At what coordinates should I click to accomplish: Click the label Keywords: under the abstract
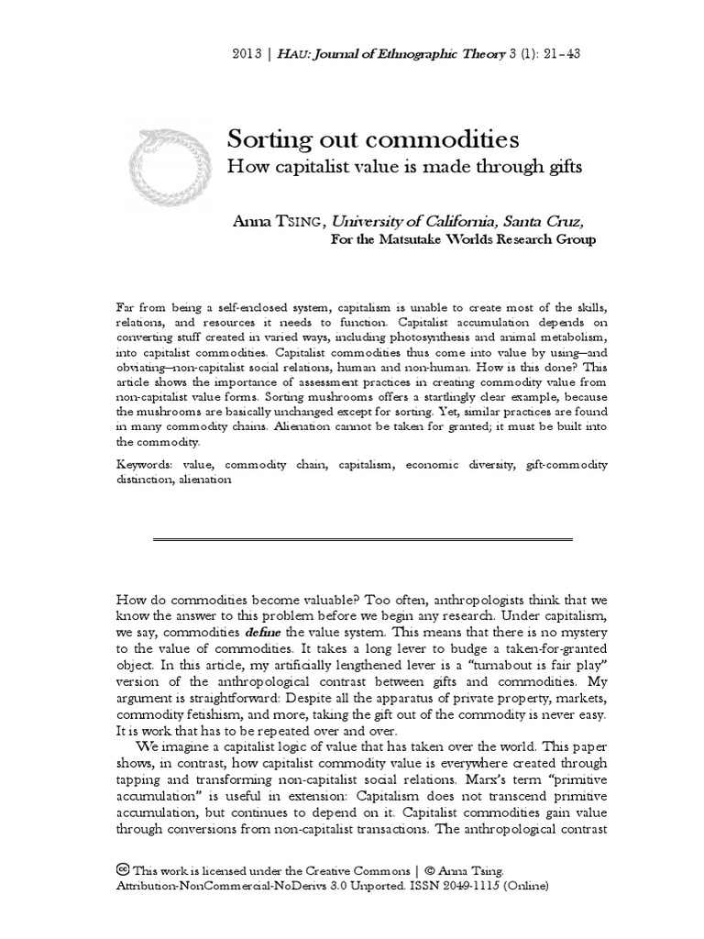(x=147, y=465)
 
